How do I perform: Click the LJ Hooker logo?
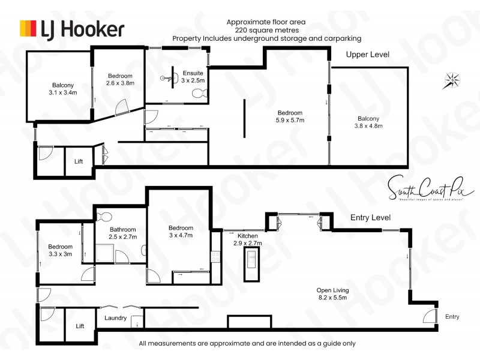[x=72, y=28]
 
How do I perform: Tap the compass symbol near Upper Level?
[x=452, y=80]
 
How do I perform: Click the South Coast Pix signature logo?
[x=431, y=187]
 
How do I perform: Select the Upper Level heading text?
[x=367, y=55]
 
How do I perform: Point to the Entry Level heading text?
[x=370, y=217]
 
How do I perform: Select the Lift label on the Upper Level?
[x=79, y=162]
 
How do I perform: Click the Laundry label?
[x=115, y=318]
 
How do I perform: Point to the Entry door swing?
[x=430, y=317]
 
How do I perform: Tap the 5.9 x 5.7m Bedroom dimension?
[x=290, y=121]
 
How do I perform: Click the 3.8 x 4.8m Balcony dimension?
[x=368, y=126]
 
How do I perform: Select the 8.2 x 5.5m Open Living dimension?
[x=332, y=298]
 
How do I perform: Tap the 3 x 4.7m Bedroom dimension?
[x=181, y=236]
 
